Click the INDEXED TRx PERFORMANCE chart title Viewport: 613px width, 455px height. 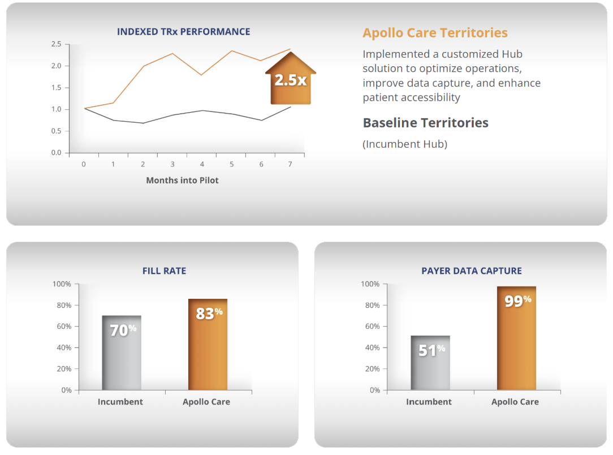[183, 32]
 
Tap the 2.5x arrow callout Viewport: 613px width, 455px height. [291, 80]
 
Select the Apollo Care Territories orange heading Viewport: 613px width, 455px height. [435, 33]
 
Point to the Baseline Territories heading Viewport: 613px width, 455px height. [425, 123]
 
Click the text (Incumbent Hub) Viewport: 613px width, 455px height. [405, 144]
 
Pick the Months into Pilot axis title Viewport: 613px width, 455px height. [182, 181]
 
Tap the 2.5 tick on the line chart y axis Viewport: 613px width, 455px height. [56, 44]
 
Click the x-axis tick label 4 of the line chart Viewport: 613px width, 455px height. [202, 164]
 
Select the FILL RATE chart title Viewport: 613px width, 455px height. [164, 271]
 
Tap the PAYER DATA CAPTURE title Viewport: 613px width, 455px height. [472, 271]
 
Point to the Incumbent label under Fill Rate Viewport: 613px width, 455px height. [120, 402]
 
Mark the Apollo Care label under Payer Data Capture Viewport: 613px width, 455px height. [515, 402]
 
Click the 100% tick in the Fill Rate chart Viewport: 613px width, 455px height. [62, 284]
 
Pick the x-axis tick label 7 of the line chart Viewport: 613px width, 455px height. [290, 164]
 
